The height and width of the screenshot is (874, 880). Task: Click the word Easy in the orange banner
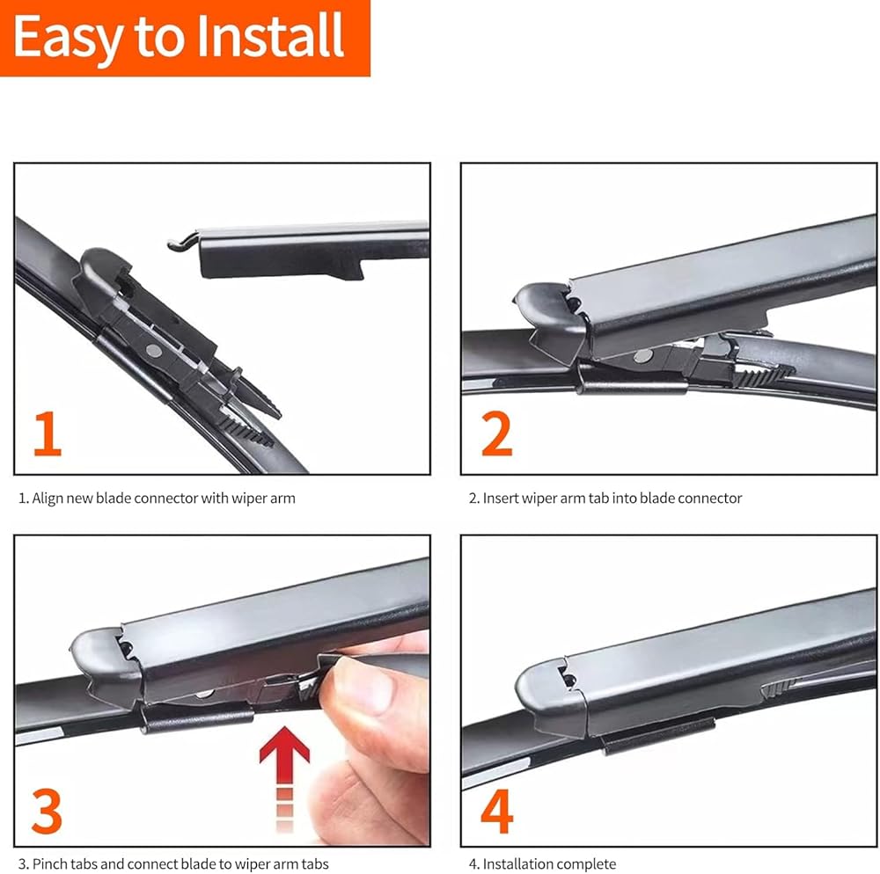coord(67,38)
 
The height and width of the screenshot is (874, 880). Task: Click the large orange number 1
coord(48,433)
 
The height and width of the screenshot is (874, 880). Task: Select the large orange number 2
coord(497,433)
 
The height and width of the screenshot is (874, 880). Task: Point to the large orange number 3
coord(48,811)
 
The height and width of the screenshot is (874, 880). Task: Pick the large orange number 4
coord(497,811)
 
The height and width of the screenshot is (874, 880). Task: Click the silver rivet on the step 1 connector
coord(153,352)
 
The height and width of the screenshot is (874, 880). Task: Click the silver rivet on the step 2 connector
coord(643,355)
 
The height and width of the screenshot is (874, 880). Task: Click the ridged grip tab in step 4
coord(780,688)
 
